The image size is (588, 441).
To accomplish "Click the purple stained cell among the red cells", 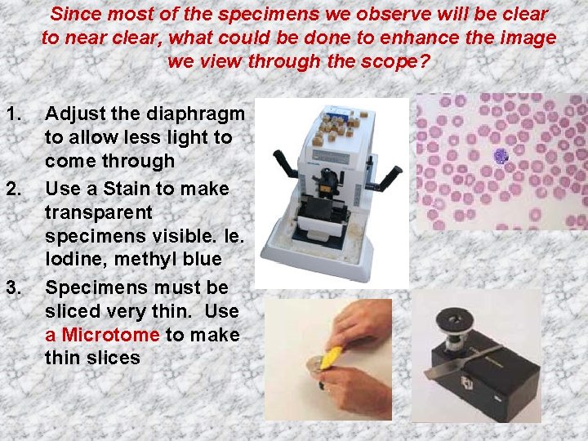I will click(x=501, y=155).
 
